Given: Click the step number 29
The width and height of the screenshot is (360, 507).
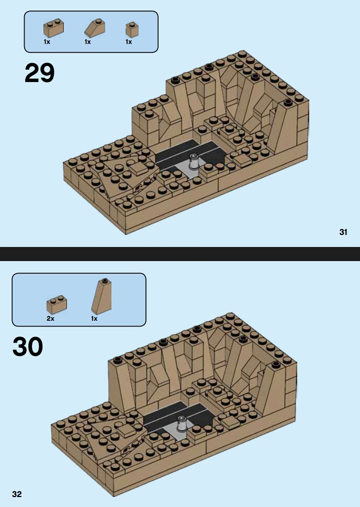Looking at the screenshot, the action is click(39, 73).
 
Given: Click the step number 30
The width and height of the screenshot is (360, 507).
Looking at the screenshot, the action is click(28, 346).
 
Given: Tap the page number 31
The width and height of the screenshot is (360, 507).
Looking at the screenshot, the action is click(343, 232).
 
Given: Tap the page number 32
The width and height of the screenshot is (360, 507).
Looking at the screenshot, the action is click(17, 494).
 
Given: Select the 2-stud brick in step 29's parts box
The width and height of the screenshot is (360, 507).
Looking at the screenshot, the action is click(53, 28).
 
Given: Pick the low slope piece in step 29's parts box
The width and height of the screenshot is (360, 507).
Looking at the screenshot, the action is click(94, 27).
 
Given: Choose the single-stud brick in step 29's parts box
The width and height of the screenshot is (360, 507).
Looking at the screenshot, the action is click(132, 30).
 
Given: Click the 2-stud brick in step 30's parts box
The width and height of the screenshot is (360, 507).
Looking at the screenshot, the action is click(57, 305).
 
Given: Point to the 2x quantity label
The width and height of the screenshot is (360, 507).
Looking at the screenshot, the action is click(50, 319).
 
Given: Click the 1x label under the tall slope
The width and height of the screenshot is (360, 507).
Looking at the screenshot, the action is click(94, 319).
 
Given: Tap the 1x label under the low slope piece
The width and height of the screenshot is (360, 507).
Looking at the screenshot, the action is click(88, 42).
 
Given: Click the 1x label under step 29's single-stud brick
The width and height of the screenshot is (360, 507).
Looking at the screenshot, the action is click(129, 42).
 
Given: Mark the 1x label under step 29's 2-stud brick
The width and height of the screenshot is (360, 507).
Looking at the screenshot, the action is click(47, 42).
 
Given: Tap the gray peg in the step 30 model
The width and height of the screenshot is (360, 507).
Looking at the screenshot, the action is click(182, 424).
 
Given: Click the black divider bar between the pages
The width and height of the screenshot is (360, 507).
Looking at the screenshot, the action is click(180, 254).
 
